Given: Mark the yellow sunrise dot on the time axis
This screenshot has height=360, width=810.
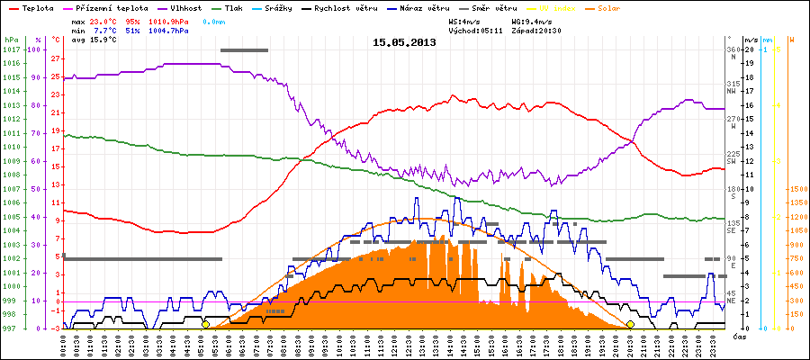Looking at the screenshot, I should pos(206,325).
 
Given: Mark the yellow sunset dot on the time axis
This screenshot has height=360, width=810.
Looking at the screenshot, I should pos(630,325).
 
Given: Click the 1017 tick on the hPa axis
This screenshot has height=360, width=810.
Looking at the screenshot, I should pos(11,49).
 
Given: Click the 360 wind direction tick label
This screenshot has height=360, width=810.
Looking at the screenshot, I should pos(733,49).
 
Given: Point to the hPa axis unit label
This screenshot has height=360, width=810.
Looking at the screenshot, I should pos(11,40).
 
